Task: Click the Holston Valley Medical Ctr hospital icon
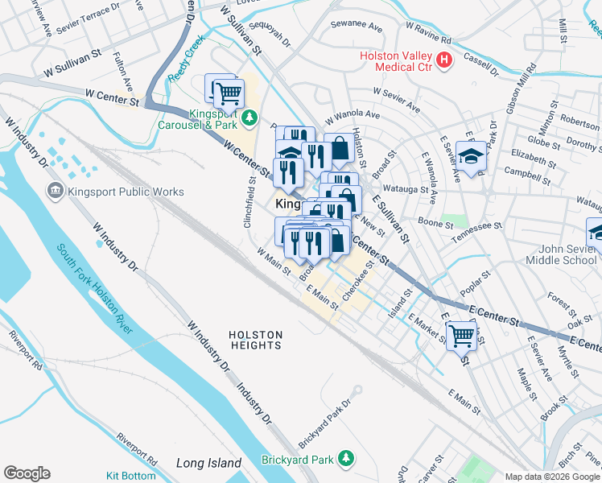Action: click(x=443, y=60)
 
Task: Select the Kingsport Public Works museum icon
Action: click(x=55, y=192)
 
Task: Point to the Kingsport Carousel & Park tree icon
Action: click(x=250, y=118)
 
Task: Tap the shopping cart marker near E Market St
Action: click(x=461, y=333)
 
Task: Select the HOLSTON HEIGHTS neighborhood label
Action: click(x=255, y=339)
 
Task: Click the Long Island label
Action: click(x=208, y=463)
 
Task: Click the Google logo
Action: click(x=27, y=473)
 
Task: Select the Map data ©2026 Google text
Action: click(x=552, y=477)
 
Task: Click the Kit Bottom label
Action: click(x=131, y=476)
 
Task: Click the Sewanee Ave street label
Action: click(x=357, y=27)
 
